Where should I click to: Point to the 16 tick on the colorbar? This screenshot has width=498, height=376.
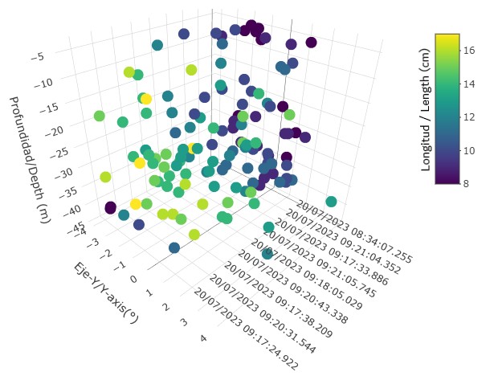(469, 50)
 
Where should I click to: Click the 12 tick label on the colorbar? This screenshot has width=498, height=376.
(469, 116)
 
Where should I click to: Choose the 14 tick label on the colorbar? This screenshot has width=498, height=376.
(469, 84)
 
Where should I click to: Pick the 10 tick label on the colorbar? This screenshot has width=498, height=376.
(469, 150)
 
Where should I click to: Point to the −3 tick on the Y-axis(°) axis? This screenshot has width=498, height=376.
(94, 242)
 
